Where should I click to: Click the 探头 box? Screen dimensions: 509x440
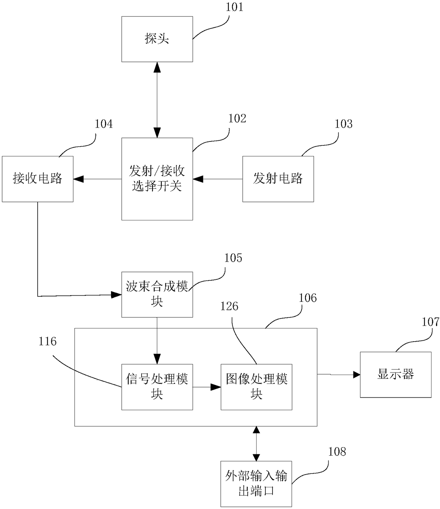[x=157, y=39]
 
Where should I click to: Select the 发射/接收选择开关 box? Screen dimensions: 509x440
[x=157, y=179]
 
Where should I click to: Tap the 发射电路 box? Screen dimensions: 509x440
[x=278, y=179]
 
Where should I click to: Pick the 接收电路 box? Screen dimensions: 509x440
[x=38, y=179]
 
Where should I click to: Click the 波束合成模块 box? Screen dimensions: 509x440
[x=157, y=294]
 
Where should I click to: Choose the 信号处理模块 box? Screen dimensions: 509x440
[x=157, y=387]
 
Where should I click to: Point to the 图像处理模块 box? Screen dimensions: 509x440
[x=256, y=387]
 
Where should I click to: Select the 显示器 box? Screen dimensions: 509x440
[x=395, y=374]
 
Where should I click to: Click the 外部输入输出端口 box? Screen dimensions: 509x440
[x=256, y=484]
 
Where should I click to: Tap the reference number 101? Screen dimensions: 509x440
[x=235, y=7]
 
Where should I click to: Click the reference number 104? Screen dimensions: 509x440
[x=104, y=124]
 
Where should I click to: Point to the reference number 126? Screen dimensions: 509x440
[x=229, y=306]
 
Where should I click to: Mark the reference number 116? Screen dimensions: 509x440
[x=48, y=342]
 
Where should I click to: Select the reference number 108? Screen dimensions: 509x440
[x=337, y=452]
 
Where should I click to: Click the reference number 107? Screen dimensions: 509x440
[x=430, y=322]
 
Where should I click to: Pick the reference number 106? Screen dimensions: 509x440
[x=308, y=298]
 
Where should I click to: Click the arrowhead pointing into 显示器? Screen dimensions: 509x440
[x=356, y=374]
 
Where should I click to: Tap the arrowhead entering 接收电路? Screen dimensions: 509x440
[x=78, y=179]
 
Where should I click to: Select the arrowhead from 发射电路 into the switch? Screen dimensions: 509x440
[x=198, y=179]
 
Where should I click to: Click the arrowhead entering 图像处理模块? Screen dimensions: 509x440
[x=216, y=387]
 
